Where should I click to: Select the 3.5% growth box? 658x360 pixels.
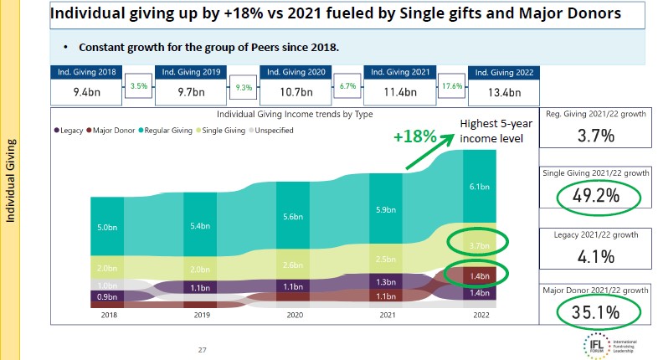(x=139, y=86)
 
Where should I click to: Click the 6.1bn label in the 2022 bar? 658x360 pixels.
(x=479, y=187)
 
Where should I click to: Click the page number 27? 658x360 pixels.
(x=202, y=350)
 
